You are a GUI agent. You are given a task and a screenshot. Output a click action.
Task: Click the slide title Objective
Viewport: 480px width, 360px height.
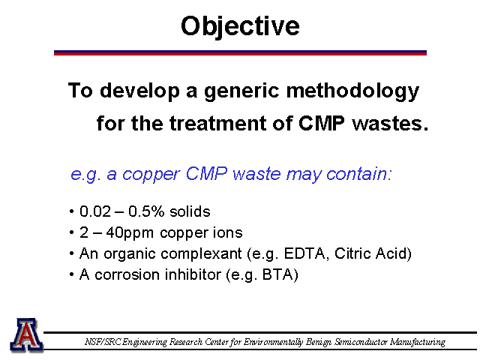pos(240,27)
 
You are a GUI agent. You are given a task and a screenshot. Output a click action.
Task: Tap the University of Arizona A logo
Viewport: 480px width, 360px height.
pos(27,334)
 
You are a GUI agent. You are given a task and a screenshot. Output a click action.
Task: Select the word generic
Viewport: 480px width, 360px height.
pos(241,91)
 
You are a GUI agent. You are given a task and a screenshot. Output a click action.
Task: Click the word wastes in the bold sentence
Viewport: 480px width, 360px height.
pos(390,124)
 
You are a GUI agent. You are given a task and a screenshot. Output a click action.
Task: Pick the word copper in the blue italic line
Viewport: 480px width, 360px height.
pos(151,175)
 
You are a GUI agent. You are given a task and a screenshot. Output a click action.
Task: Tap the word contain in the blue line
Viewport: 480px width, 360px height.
pos(358,174)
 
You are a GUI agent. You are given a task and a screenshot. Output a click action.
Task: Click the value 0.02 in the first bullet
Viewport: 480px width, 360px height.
pos(95,211)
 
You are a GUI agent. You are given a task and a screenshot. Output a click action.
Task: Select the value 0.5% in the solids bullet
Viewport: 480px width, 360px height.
pos(146,211)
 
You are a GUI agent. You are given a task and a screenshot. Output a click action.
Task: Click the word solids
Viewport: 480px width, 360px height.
pos(190,211)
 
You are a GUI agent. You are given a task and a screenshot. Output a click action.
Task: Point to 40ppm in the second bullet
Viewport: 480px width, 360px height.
pos(130,233)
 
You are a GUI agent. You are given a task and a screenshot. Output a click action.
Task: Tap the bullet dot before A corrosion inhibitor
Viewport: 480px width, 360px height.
pos(72,275)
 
